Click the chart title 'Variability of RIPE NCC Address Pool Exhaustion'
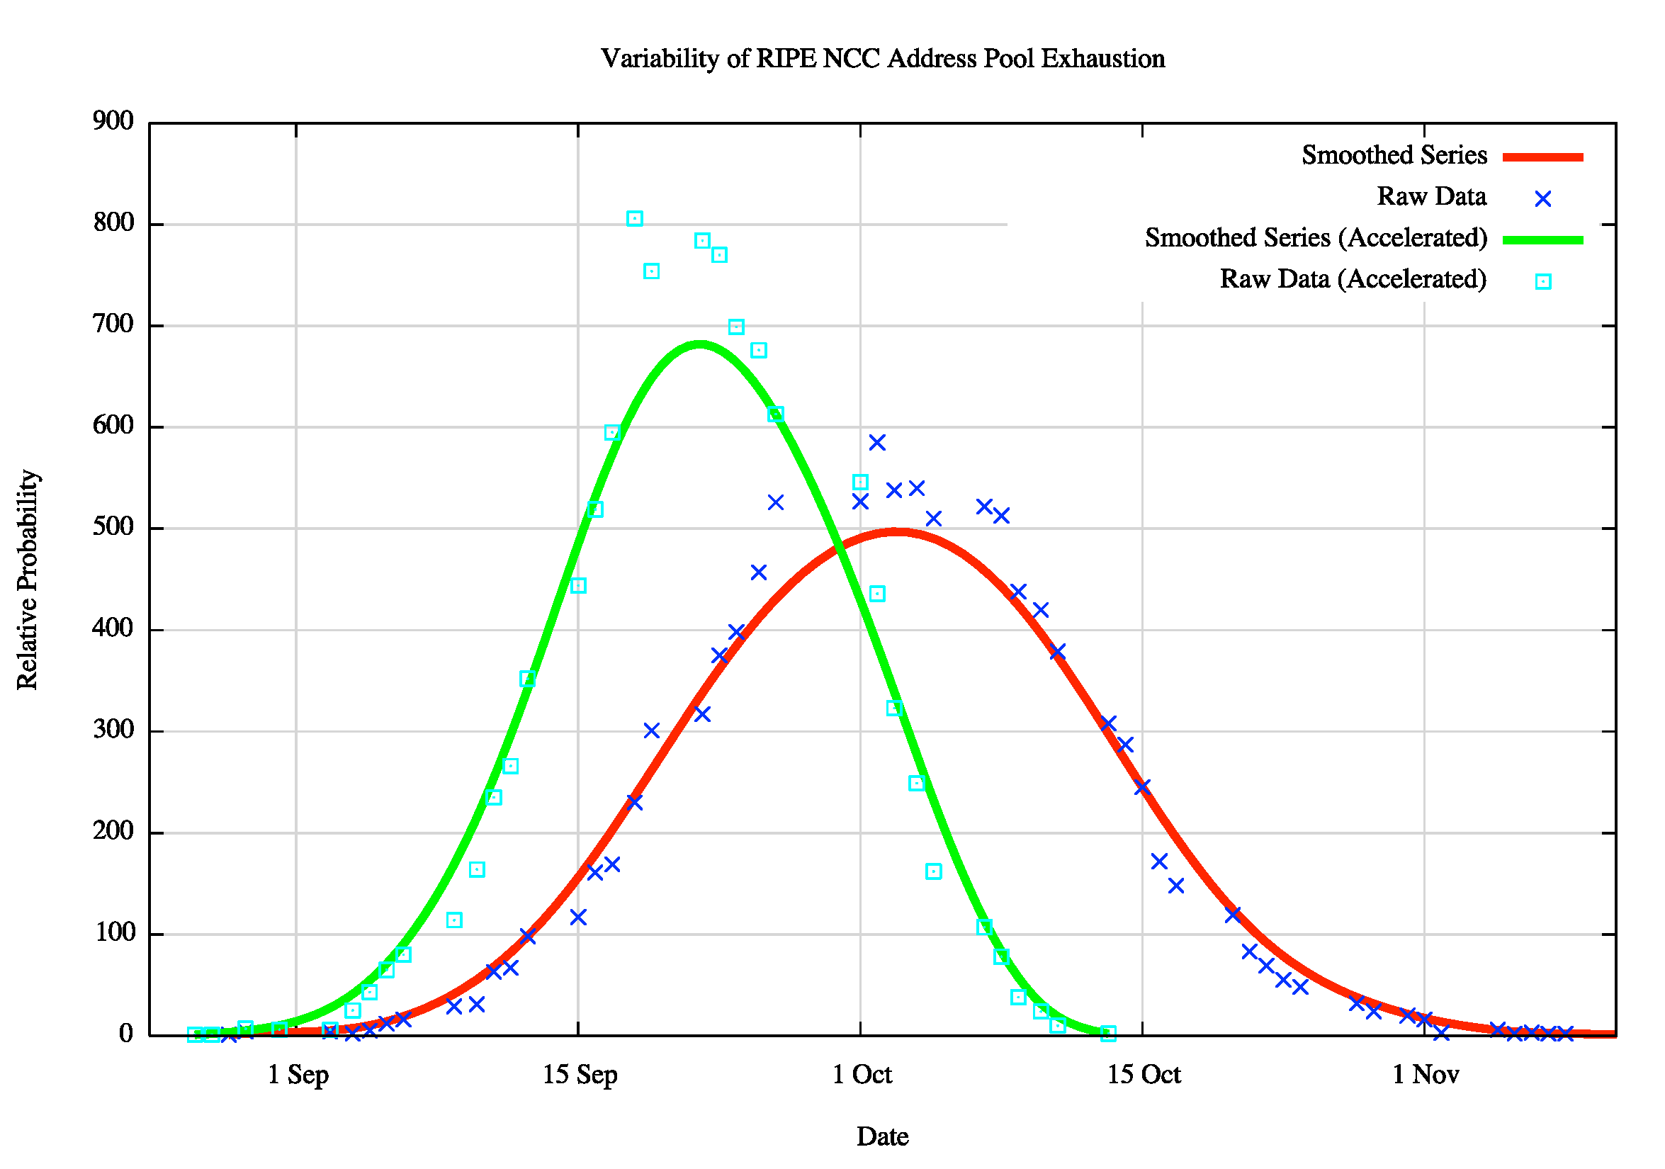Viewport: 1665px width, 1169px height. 883,59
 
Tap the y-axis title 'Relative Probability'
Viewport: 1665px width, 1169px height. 28,580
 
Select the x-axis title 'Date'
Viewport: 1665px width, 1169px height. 882,1136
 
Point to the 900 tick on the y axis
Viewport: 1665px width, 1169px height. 114,121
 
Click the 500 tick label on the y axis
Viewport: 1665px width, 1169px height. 114,527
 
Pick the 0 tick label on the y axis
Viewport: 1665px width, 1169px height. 126,1034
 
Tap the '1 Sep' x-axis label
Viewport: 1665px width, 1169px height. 298,1075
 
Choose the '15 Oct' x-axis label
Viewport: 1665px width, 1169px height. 1144,1075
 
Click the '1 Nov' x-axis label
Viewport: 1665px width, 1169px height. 1425,1075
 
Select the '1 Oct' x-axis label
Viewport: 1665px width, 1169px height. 862,1075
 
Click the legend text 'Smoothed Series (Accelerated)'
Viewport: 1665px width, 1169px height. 1316,238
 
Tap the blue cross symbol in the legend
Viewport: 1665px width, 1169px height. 1542,198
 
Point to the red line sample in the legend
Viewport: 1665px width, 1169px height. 1542,157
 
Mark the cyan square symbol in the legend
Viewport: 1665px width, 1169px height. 1542,281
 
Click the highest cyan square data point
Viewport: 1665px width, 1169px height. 635,218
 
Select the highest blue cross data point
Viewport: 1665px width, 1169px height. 876,442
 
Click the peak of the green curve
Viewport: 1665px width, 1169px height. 699,344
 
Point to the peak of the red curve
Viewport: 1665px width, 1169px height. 896,532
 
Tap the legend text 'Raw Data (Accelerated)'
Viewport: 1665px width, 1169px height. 1353,279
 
